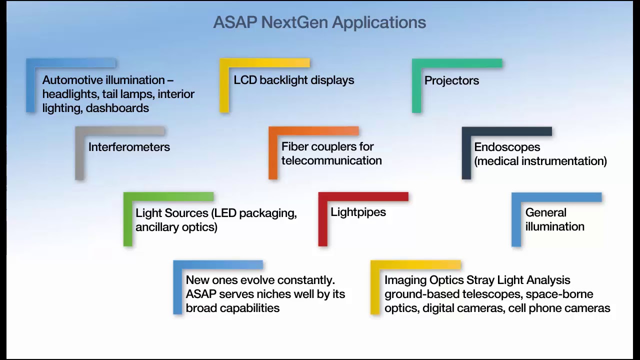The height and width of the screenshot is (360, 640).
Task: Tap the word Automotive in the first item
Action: pos(72,80)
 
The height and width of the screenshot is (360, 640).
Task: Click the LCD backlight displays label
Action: pos(293,80)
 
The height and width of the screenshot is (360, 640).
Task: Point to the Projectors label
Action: pos(451,80)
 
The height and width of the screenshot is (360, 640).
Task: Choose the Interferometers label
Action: pos(129,147)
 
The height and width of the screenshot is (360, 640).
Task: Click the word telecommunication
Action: pos(331,160)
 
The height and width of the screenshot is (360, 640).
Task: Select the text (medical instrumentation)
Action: pos(540,161)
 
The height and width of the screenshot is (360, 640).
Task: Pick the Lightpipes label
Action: pos(358,212)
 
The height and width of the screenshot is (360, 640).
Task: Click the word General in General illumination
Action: pos(545,212)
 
